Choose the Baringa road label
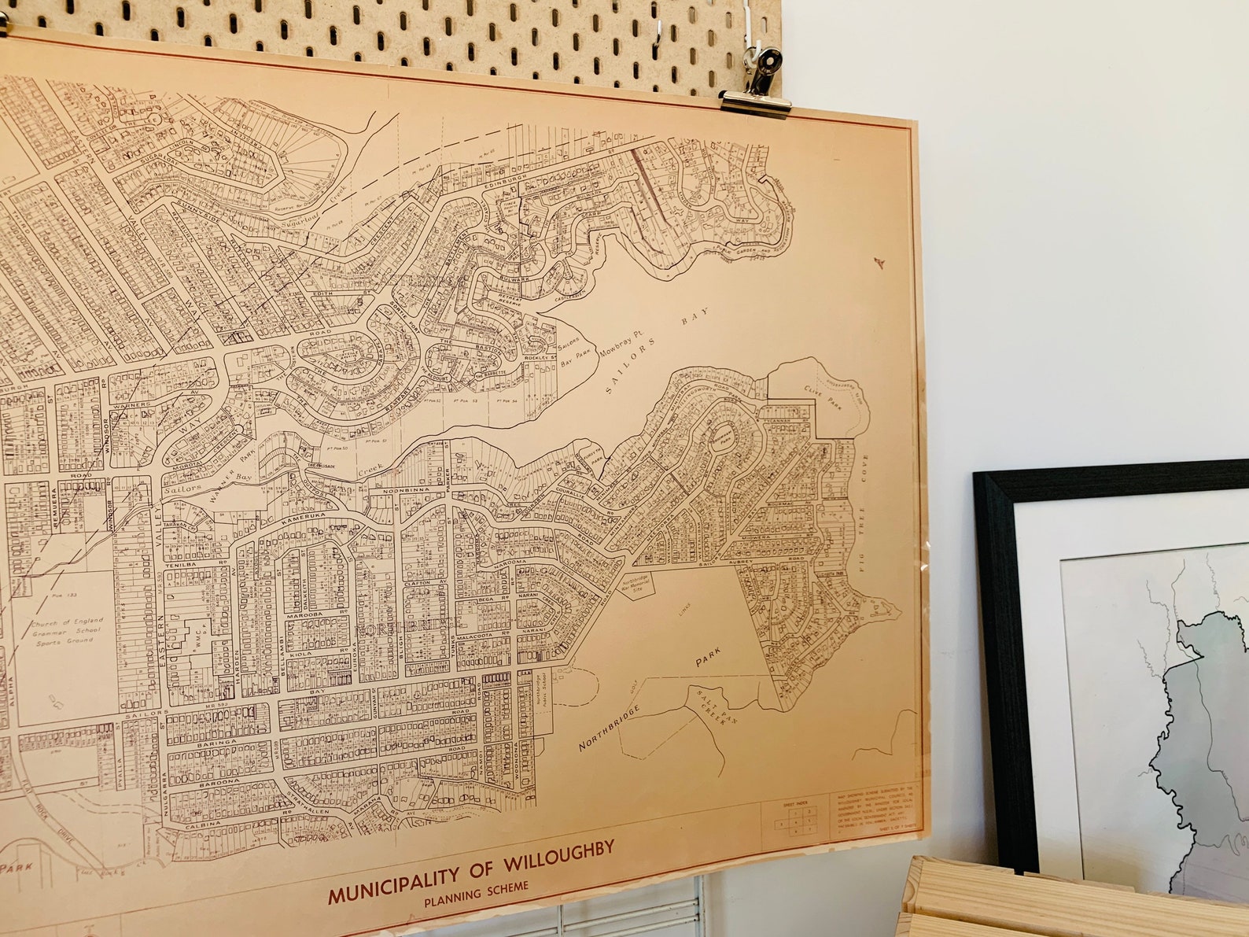216,741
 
